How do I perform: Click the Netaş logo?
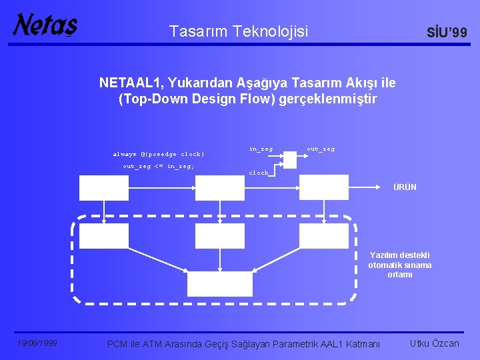(45, 25)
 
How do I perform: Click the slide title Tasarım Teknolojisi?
(239, 31)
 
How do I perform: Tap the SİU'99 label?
(447, 33)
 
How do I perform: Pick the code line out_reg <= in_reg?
(159, 166)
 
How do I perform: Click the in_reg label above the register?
(261, 149)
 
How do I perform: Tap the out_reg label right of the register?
(321, 149)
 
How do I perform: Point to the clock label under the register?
(259, 173)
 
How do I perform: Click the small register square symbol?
(290, 159)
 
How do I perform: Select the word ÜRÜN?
(405, 187)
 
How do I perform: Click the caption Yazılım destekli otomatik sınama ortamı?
(400, 265)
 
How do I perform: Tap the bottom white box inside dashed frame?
(220, 283)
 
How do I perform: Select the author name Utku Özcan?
(435, 343)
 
